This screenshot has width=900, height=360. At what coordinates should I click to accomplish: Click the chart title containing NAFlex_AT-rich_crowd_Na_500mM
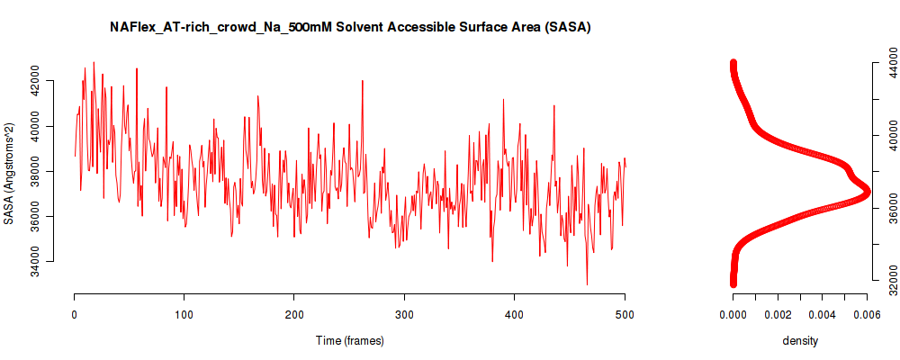(x=351, y=27)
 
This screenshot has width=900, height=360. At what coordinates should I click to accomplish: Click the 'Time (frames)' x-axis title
(x=349, y=340)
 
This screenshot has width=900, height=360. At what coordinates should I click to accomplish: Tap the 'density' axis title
(x=800, y=340)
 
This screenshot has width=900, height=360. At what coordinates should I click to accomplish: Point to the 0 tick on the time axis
(x=74, y=314)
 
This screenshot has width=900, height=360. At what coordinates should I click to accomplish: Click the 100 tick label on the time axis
(x=184, y=314)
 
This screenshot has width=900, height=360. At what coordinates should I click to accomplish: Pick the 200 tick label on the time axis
(x=294, y=314)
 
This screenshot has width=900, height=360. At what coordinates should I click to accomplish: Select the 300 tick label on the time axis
(x=404, y=314)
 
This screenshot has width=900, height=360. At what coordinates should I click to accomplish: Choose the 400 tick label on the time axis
(x=514, y=314)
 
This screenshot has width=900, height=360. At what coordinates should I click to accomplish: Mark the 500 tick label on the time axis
(x=625, y=314)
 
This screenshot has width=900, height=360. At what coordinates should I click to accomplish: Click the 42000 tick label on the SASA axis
(x=51, y=81)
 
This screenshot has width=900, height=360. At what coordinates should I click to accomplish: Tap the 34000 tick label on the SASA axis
(x=51, y=261)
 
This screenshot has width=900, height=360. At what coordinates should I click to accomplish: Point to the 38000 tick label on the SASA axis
(x=51, y=171)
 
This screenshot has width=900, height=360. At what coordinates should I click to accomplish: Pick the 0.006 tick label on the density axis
(x=868, y=314)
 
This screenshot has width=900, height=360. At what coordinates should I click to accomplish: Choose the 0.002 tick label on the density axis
(x=778, y=314)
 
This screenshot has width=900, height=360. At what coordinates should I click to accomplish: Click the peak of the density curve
(x=866, y=191)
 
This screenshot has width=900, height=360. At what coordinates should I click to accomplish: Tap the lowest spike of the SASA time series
(x=587, y=283)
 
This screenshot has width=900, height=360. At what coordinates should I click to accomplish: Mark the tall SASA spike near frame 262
(x=362, y=82)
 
